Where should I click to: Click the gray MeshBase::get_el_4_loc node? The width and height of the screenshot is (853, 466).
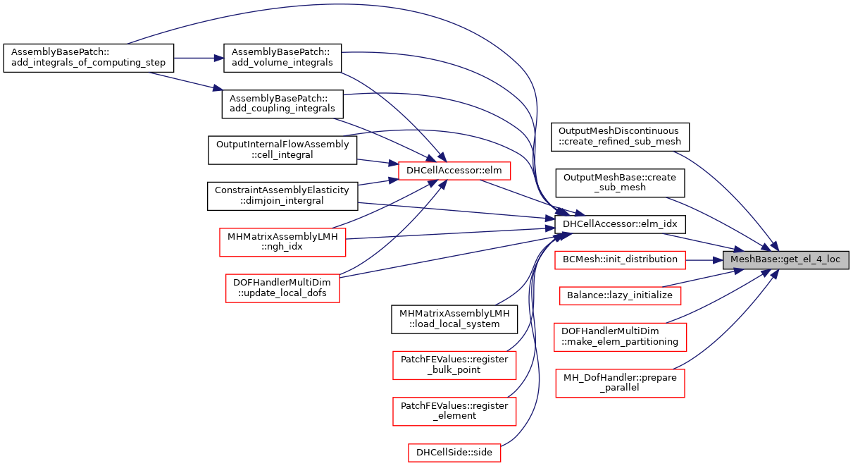785,260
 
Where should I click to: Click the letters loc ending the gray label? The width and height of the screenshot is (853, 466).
833,259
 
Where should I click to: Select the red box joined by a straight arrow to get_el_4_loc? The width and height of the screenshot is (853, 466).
620,260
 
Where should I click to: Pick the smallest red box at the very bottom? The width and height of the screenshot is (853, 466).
454,453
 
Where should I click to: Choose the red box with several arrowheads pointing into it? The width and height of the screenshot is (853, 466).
454,171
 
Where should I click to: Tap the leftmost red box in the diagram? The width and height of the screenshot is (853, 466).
282,243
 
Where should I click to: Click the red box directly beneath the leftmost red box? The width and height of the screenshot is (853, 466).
282,288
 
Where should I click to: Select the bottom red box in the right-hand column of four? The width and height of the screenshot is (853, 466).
620,384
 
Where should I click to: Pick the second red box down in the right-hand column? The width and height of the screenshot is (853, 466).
620,295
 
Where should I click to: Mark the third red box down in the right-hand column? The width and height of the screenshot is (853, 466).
620,337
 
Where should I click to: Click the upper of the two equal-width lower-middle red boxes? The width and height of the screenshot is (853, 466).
454,365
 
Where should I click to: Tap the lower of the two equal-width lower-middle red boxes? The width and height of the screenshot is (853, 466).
454,412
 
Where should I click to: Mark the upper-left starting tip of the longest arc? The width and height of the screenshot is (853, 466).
128,43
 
